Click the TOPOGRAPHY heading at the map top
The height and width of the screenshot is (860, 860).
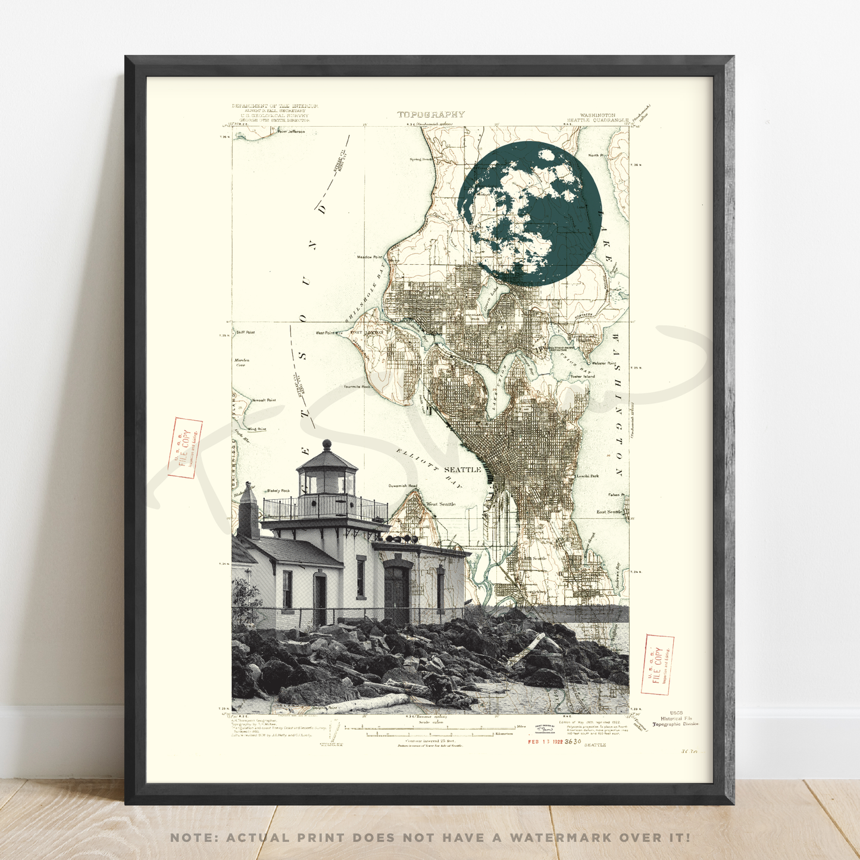[431, 114]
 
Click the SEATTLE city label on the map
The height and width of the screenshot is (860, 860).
[462, 470]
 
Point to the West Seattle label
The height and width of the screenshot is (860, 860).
[440, 504]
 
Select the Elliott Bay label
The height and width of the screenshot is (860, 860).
[429, 468]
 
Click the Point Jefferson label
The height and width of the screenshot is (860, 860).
[291, 132]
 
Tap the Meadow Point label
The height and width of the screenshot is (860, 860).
[369, 257]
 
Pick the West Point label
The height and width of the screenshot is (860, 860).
[325, 333]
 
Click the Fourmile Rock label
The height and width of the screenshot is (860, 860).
[357, 387]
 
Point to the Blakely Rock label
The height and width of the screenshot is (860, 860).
[278, 490]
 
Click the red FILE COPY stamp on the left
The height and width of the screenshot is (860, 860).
[185, 448]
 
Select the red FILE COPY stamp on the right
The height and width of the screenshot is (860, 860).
[658, 664]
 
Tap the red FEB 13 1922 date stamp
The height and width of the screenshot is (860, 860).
[546, 742]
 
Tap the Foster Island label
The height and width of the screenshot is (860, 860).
[583, 376]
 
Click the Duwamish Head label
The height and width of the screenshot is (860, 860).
[403, 486]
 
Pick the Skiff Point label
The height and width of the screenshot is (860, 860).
[245, 332]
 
